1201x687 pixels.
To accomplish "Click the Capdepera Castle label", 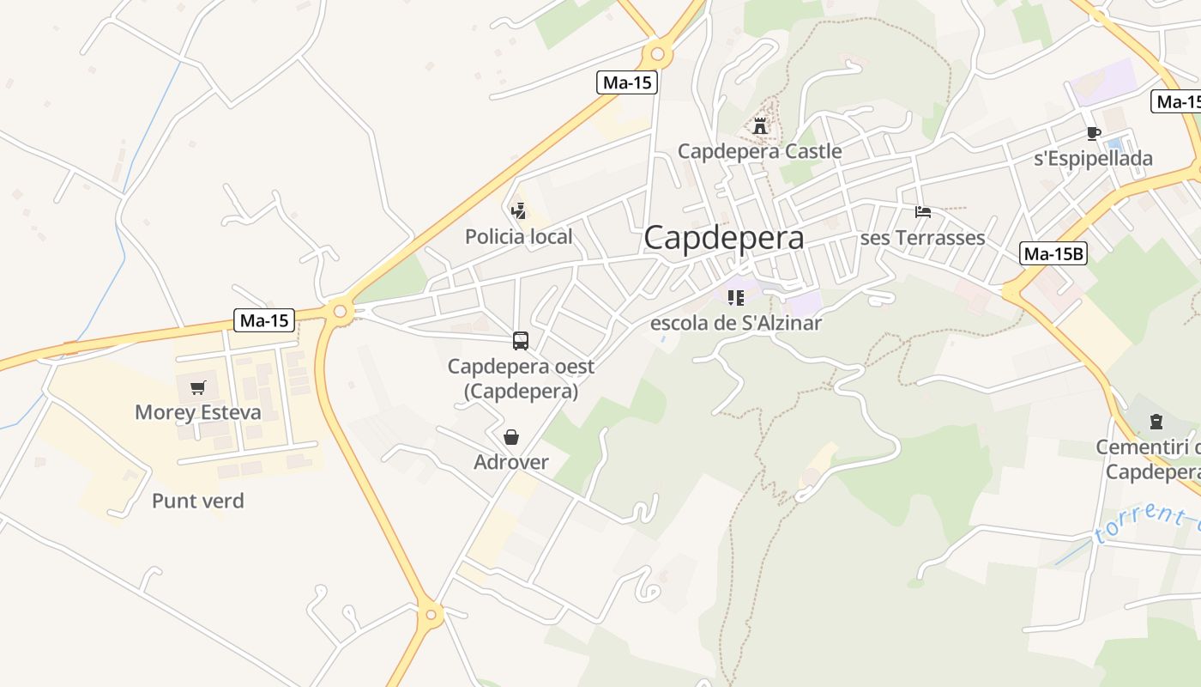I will tap(759, 152).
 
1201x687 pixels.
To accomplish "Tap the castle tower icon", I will tap(760, 126).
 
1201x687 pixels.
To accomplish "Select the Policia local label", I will tap(518, 237).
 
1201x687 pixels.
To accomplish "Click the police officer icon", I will tap(518, 210).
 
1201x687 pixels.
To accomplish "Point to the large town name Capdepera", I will tap(724, 238).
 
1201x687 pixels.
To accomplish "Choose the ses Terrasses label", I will tap(922, 238).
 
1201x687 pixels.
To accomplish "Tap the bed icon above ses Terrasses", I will tap(923, 211).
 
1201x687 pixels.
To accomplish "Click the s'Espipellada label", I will tap(1093, 159).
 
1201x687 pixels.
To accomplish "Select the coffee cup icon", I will tap(1093, 133).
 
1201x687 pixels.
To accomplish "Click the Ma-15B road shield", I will tap(1053, 253).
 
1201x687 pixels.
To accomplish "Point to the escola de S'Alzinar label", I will tap(736, 324).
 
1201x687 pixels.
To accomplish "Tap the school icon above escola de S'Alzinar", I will tap(735, 298).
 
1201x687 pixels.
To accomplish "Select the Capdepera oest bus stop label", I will tap(521, 379).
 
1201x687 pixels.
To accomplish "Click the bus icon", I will tap(521, 341).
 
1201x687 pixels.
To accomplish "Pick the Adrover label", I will tap(511, 463).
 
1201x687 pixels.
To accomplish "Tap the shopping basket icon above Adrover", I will tap(511, 437).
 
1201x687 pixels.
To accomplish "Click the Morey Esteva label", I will tap(198, 413).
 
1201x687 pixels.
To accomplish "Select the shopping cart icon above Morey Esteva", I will tap(198, 387).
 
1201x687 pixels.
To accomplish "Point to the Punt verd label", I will tap(198, 502).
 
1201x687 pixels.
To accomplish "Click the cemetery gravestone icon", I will tap(1156, 422).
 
